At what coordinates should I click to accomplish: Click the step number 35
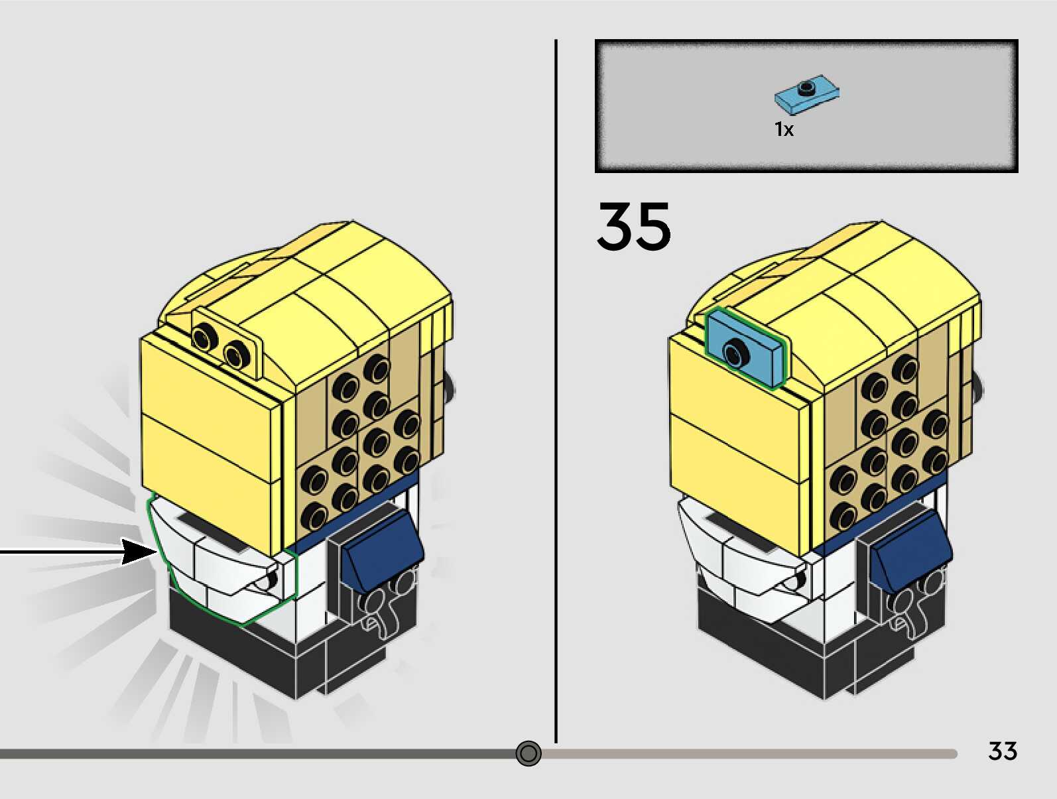pos(633,227)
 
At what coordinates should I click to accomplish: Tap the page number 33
pos(1002,751)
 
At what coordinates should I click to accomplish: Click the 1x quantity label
pos(784,129)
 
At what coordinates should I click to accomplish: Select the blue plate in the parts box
pos(805,94)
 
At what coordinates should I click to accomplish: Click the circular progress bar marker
pos(528,753)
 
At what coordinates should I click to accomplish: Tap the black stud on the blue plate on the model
pos(735,351)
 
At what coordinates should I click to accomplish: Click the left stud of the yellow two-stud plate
pos(203,338)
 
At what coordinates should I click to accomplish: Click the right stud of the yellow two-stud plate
pos(235,354)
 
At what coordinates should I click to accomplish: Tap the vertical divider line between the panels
pos(556,391)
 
